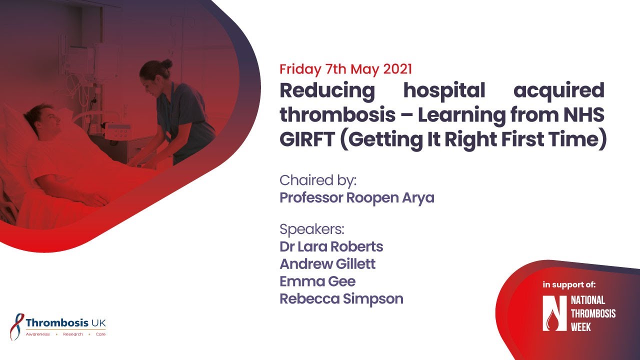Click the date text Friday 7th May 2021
pos(345,69)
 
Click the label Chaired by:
pos(317,179)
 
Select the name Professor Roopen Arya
pos(356,198)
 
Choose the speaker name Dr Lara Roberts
pos(331,247)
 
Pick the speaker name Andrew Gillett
pos(327,264)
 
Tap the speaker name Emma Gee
pos(317,281)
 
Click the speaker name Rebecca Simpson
pos(341,299)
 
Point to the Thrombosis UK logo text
pos(65,322)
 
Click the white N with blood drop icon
pos(554,313)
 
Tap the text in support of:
pos(569,285)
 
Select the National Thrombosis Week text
pos(593,313)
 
